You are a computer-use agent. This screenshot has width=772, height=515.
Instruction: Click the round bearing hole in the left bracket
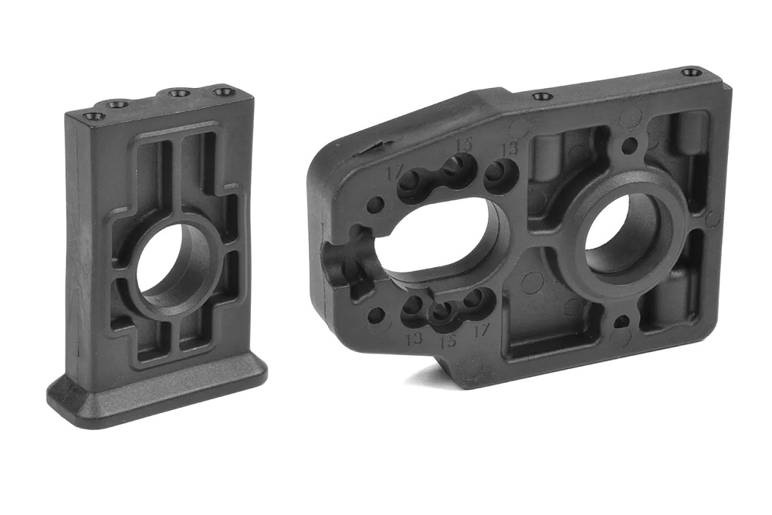(x=171, y=267)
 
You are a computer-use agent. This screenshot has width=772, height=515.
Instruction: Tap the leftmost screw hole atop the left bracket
(x=94, y=117)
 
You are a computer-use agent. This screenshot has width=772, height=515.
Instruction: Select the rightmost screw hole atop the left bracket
(x=224, y=92)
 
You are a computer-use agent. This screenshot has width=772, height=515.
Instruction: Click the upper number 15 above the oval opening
(x=464, y=144)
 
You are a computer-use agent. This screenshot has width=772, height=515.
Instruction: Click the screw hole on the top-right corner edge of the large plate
(x=692, y=73)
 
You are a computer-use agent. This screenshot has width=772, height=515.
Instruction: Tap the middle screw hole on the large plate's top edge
(x=543, y=97)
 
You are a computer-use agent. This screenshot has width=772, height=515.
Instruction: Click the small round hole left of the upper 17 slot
(x=375, y=205)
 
